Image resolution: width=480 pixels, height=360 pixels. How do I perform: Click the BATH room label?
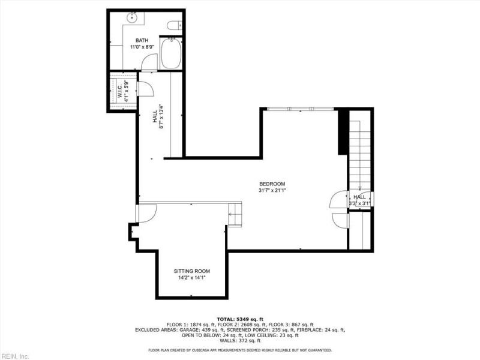point(142,40)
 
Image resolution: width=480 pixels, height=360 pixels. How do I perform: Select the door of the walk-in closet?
point(146,88)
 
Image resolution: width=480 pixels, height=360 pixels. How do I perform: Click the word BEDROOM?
point(272,184)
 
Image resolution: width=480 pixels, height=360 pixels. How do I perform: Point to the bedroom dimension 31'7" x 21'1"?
point(272,191)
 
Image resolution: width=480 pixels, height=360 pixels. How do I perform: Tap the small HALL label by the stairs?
point(359,197)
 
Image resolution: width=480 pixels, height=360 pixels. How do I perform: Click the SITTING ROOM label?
point(191,271)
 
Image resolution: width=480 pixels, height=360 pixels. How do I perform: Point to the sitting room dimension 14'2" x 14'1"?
point(191,278)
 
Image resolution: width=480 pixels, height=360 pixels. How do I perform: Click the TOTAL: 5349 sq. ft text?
point(239,319)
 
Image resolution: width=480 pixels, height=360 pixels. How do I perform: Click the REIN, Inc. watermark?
point(15,355)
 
